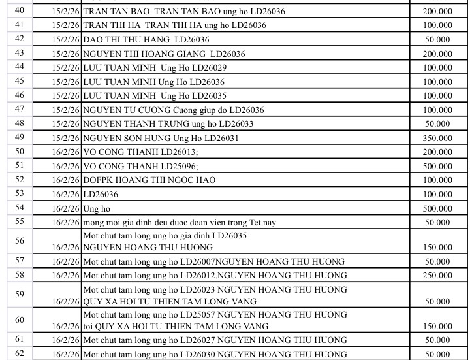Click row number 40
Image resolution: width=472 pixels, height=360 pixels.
[19, 10]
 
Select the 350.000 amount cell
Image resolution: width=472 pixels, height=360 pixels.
[437, 138]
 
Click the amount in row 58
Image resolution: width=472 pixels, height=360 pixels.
[437, 276]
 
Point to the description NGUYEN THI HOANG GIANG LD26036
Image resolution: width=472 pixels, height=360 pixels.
[164, 54]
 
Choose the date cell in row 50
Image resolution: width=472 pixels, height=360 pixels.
[66, 152]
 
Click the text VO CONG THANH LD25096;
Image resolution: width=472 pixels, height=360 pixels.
[140, 166]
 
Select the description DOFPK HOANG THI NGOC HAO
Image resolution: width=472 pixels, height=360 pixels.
[158, 180]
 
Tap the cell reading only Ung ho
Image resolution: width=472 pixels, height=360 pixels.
[97, 208]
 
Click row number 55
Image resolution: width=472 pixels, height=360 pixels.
[19, 222]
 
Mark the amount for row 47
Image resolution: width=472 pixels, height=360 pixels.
[437, 110]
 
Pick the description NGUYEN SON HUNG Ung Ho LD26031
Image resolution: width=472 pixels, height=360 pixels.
[161, 138]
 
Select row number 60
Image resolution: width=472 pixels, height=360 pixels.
[19, 320]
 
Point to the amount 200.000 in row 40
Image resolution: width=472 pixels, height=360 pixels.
[437, 12]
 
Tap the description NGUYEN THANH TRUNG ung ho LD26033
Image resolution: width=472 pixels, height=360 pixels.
[168, 123]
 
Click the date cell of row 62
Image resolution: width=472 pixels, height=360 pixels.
[66, 355]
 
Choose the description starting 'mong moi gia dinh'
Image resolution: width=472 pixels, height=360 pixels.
[180, 223]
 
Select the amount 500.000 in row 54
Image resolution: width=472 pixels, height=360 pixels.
[437, 208]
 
